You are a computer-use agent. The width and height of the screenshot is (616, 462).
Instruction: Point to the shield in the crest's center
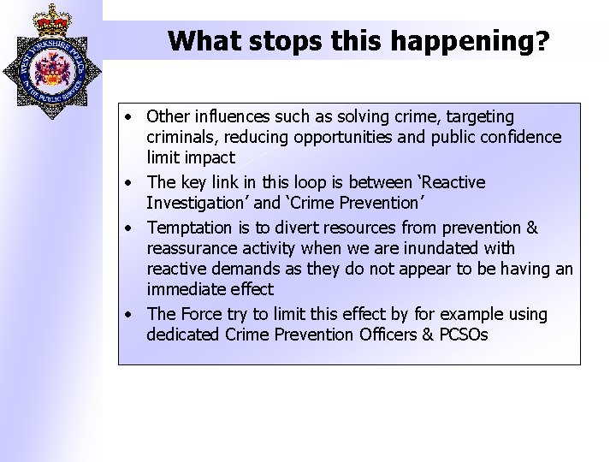pos(50,68)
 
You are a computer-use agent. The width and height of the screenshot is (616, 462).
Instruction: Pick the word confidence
pos(521,137)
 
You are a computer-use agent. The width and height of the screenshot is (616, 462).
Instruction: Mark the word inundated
pos(471,248)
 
